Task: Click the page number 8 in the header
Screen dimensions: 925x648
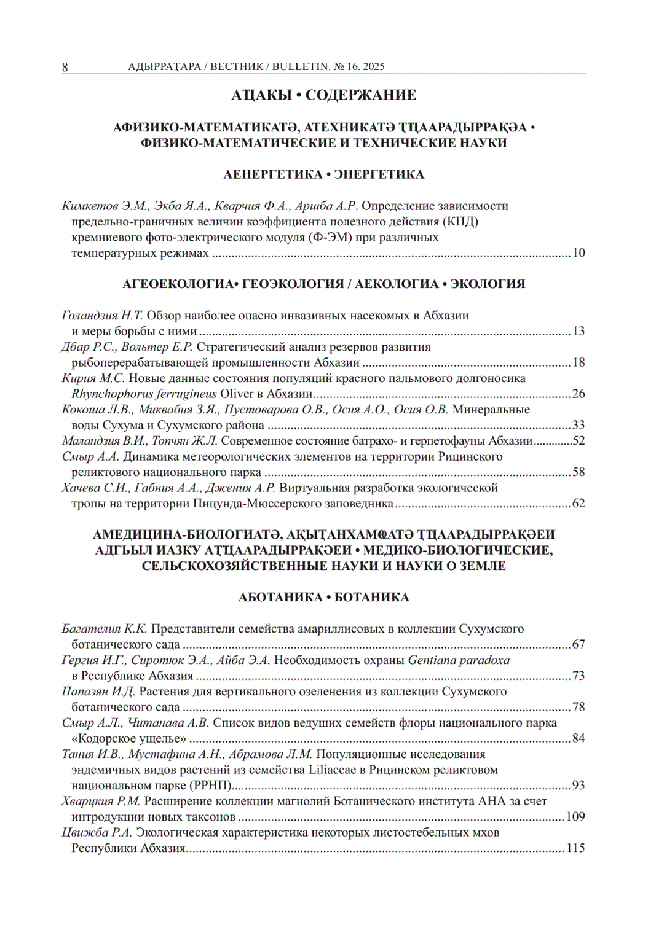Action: [65, 67]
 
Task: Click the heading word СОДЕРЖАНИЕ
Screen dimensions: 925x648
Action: [361, 95]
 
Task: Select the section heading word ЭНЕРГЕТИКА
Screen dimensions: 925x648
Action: [379, 174]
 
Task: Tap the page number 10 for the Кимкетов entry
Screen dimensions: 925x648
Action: [579, 253]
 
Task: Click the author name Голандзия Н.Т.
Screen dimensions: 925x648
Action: [102, 316]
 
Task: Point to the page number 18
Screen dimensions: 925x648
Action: [579, 362]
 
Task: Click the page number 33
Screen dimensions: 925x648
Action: [579, 425]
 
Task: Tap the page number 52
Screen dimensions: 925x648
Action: [579, 440]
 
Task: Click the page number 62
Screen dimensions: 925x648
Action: [579, 504]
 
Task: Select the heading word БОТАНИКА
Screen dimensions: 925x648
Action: [372, 598]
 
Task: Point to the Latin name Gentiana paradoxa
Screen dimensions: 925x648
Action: [459, 660]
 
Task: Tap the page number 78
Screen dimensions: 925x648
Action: [579, 707]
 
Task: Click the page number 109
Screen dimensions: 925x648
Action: [575, 817]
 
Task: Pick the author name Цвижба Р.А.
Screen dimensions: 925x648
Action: [97, 833]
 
